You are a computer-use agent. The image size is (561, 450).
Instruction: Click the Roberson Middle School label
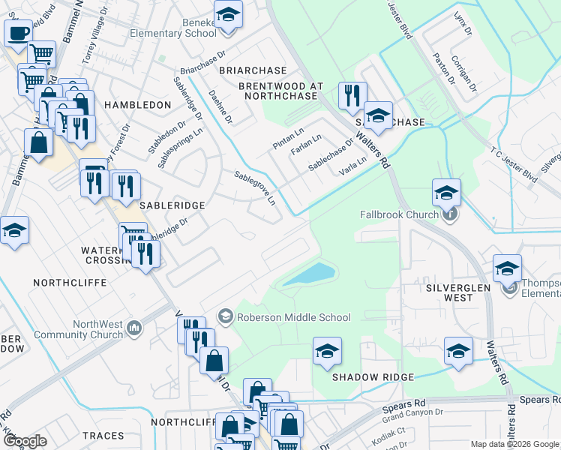tap(294, 317)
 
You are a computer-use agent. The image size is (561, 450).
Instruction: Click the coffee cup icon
tap(18, 32)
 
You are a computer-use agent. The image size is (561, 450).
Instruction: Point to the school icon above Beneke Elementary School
tap(227, 13)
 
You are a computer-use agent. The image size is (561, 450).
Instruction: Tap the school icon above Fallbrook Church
tap(446, 193)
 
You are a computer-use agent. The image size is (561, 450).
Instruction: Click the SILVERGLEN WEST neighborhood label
tap(449, 292)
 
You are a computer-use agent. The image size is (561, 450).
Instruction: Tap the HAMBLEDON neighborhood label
tap(138, 105)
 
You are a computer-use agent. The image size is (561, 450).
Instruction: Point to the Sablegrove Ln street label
tap(255, 187)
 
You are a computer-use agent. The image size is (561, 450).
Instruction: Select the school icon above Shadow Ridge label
tap(327, 351)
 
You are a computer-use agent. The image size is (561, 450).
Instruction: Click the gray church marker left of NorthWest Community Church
tap(134, 326)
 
